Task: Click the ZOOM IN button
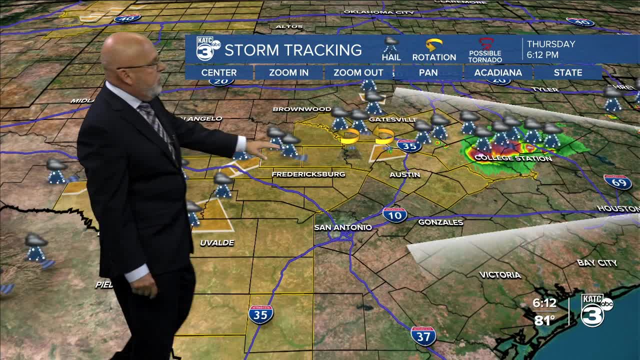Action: click(x=288, y=72)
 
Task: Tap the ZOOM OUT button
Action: click(x=358, y=72)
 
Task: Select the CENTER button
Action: click(x=219, y=72)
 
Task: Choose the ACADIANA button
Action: click(x=498, y=72)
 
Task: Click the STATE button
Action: click(x=568, y=72)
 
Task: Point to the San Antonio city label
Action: click(x=343, y=227)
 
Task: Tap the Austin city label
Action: click(x=405, y=174)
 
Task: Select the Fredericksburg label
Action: click(x=308, y=174)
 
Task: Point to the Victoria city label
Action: click(x=500, y=274)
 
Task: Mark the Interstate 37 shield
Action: click(x=423, y=335)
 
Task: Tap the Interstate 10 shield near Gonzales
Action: click(x=395, y=214)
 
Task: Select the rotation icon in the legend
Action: click(x=433, y=45)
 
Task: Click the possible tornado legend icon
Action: click(x=485, y=44)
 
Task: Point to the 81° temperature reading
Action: click(x=544, y=320)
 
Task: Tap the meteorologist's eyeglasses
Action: click(x=142, y=65)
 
